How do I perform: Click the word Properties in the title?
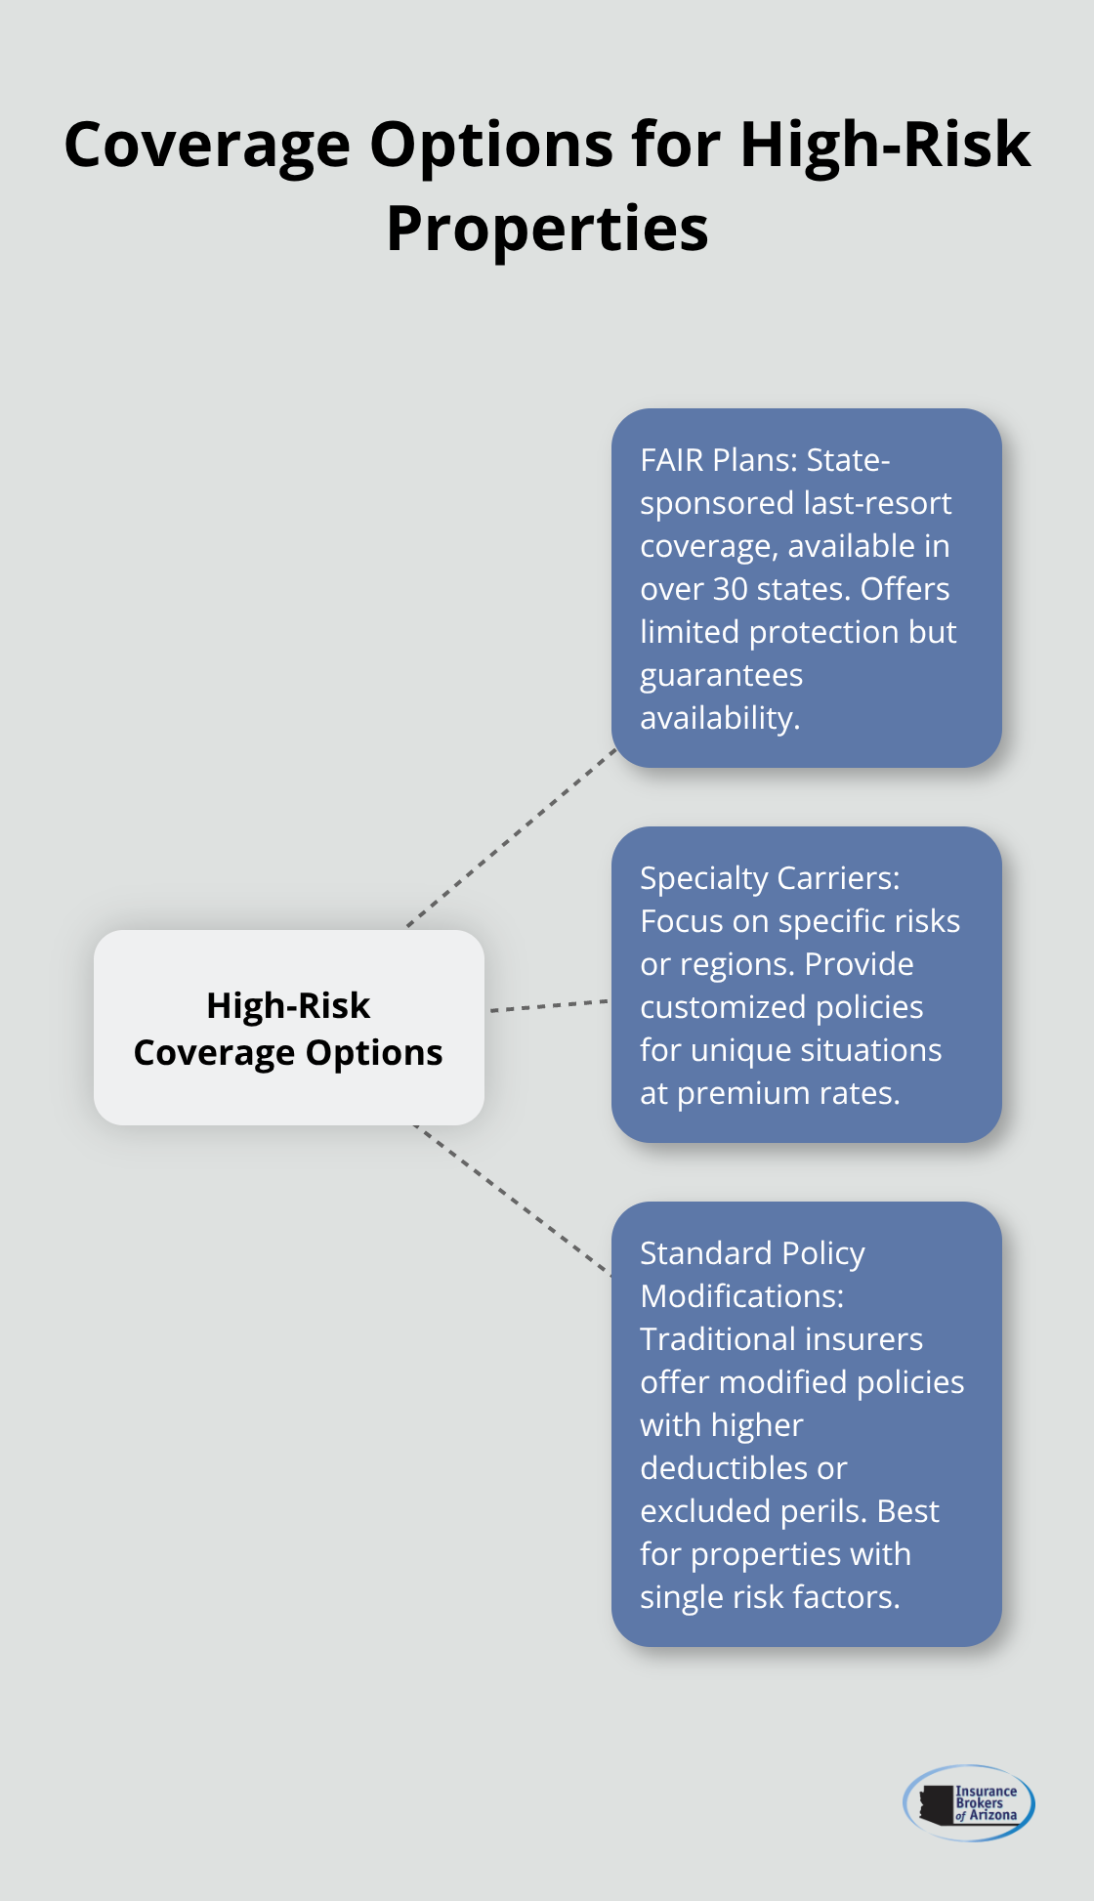pyautogui.click(x=547, y=231)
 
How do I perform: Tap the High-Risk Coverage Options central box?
pyautogui.click(x=288, y=1028)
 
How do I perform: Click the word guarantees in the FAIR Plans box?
pyautogui.click(x=721, y=675)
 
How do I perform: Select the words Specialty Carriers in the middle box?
pyautogui.click(x=769, y=878)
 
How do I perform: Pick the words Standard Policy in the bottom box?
pyautogui.click(x=752, y=1253)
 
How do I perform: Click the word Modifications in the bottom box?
pyautogui.click(x=740, y=1296)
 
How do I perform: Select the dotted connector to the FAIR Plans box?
pyautogui.click(x=512, y=837)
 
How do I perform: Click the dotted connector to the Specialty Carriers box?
pyautogui.click(x=548, y=1005)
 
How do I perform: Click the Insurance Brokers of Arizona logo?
pyautogui.click(x=968, y=1803)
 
